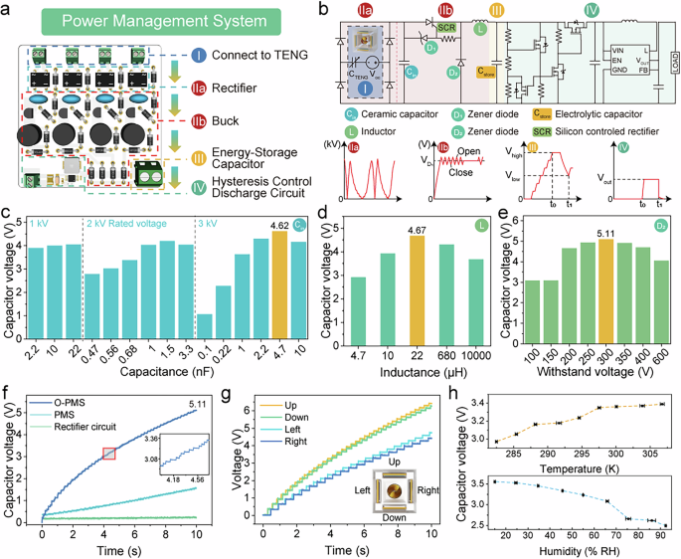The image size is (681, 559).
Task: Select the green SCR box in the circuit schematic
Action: [x=446, y=29]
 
